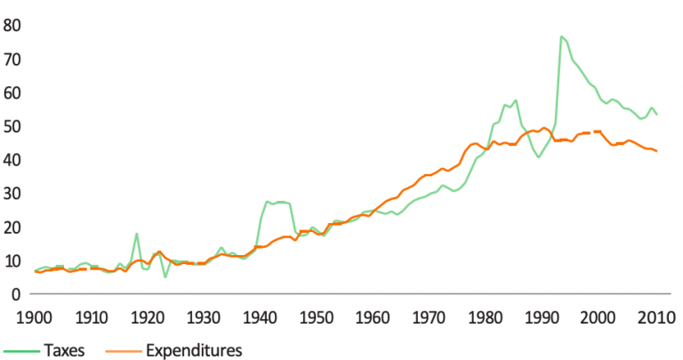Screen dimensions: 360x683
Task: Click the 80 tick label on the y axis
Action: pos(12,25)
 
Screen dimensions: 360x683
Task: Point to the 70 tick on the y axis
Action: pos(12,59)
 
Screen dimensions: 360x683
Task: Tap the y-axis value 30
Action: pos(12,193)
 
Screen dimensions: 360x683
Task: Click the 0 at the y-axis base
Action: pos(16,293)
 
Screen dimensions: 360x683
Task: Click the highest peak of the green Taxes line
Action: pos(561,36)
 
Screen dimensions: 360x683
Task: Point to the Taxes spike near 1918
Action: pos(136,234)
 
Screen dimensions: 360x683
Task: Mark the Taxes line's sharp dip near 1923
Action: pos(165,276)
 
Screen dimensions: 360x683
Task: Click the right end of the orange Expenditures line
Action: pos(657,151)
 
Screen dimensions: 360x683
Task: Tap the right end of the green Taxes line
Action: pos(657,115)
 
